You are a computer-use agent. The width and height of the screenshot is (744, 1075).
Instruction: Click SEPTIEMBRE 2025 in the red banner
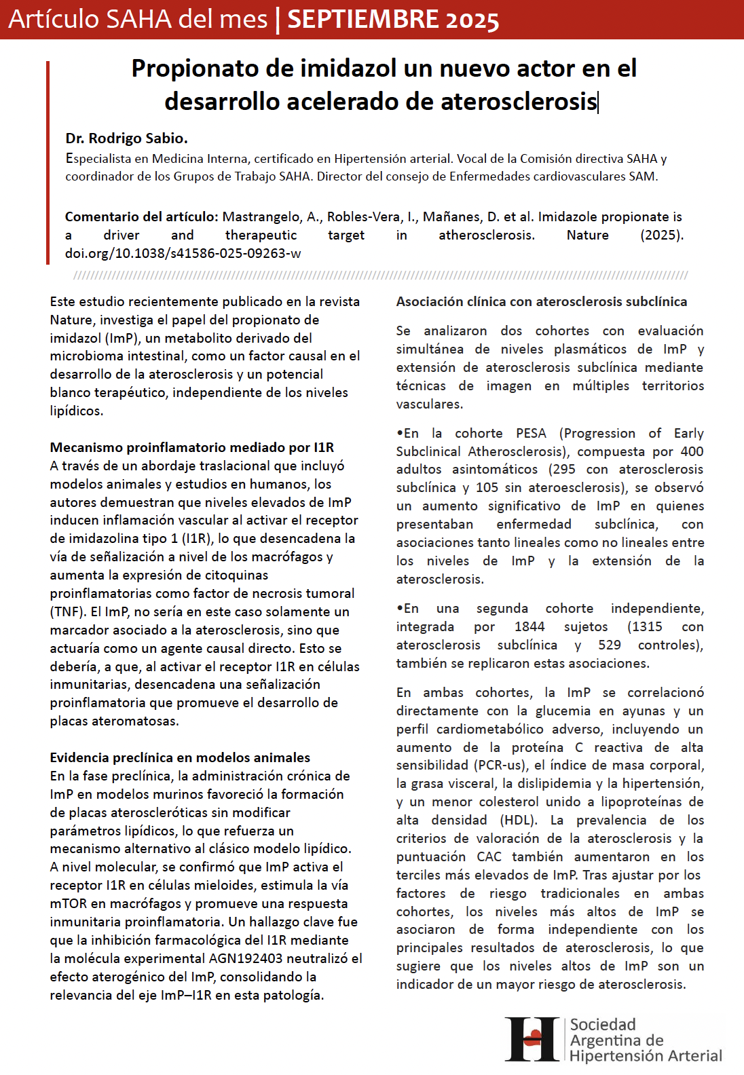393,20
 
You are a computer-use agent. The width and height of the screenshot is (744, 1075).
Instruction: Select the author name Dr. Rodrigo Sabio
126,138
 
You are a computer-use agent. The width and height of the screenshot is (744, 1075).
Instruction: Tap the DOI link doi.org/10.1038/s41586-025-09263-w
183,253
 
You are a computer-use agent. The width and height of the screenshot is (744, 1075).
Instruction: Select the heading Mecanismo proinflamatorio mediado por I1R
191,447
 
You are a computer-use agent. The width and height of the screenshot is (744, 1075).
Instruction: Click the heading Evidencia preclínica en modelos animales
180,757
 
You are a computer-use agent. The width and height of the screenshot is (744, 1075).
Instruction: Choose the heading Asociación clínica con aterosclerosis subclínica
541,301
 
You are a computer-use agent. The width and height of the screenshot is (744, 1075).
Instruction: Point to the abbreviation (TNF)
67,611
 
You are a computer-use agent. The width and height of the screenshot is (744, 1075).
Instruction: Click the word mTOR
69,903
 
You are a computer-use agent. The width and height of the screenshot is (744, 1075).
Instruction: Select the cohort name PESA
531,433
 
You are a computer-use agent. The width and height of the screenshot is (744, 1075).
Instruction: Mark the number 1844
529,626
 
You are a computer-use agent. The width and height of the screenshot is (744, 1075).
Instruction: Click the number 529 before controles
609,645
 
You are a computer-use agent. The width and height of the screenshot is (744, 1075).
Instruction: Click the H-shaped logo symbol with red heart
533,1039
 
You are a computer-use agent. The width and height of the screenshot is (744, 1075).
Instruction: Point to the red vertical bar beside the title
48,162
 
